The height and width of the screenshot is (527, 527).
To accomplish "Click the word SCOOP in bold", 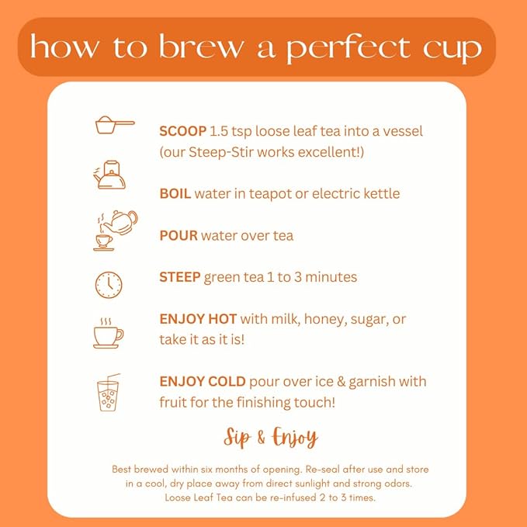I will (182, 131).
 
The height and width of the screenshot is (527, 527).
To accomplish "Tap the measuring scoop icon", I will (114, 124).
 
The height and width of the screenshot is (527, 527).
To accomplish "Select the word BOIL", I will (175, 193).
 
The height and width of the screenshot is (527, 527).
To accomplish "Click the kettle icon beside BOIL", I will (109, 175).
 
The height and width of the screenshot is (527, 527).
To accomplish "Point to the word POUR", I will (179, 235).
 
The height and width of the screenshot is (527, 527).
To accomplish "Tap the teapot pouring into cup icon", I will (114, 230).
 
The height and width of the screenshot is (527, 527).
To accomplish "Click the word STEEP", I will (180, 277).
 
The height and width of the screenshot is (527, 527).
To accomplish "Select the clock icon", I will (109, 284).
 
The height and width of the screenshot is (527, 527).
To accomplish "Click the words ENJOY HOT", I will (198, 319).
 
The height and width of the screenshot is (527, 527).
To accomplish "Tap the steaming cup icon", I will (108, 334).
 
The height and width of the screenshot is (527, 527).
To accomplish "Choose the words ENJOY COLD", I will (202, 382).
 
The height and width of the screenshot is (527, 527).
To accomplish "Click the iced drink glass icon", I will (109, 395).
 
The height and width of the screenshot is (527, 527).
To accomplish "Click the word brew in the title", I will (199, 48).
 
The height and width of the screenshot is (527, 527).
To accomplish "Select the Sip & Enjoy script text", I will (270, 438).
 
